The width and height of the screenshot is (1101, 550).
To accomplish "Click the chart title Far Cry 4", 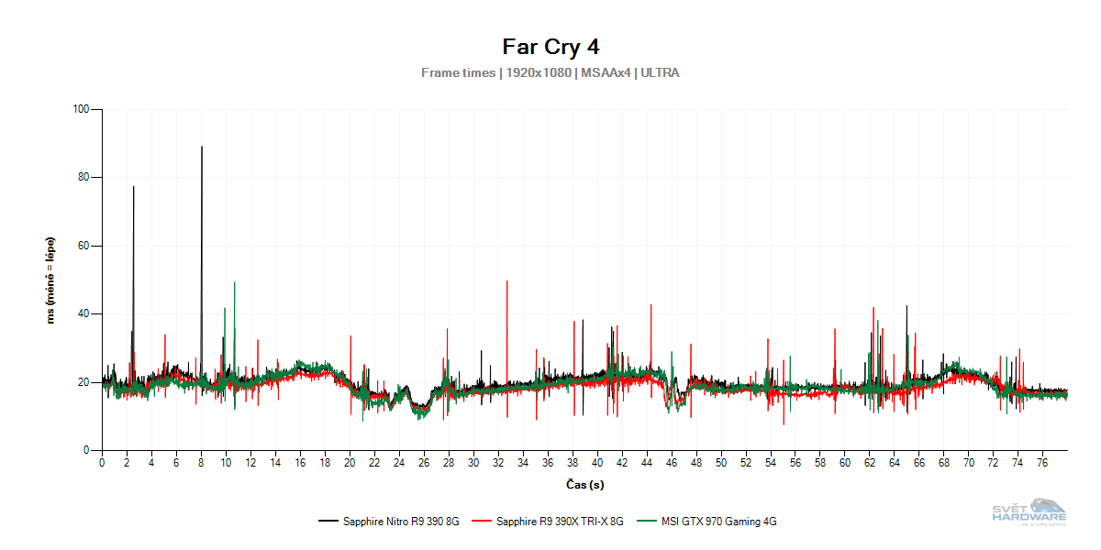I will (550, 46).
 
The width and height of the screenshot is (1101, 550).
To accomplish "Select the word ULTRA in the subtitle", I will (660, 72).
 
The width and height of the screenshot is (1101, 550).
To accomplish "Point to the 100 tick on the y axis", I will (81, 109).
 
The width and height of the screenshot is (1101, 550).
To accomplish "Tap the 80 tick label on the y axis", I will (83, 178).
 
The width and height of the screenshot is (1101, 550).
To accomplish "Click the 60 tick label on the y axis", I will (83, 246).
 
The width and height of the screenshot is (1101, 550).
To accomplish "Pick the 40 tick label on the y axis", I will (83, 314).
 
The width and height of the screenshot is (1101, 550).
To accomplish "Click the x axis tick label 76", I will (1043, 464).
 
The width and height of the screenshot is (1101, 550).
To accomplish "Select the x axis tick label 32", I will (498, 464).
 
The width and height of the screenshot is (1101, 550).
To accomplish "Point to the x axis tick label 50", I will (721, 464).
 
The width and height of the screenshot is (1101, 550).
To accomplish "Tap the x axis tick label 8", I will (201, 464).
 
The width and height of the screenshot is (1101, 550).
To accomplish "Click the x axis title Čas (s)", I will (584, 484).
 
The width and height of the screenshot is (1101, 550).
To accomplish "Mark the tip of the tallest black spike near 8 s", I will (202, 147).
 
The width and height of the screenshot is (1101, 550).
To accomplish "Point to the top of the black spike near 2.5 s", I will (133, 187).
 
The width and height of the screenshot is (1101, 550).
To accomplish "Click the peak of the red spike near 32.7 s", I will (506, 281).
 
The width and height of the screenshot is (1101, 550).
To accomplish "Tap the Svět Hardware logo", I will (1029, 511).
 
